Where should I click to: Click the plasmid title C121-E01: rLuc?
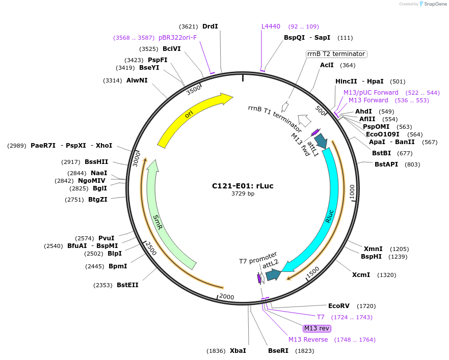(x=243, y=186)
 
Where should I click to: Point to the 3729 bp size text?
(x=243, y=194)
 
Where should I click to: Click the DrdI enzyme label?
(x=210, y=26)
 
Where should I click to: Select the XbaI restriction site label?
(x=238, y=351)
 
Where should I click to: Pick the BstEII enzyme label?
(x=127, y=285)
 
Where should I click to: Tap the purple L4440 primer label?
(x=271, y=26)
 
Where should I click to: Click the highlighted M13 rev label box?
(x=317, y=328)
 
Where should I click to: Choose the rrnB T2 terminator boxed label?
(x=336, y=54)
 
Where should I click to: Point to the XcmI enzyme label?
(x=361, y=275)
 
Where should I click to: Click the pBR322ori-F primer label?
(x=177, y=38)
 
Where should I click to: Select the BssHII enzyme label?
(x=96, y=162)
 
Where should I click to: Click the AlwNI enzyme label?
(x=137, y=80)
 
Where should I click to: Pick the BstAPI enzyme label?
(x=386, y=164)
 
